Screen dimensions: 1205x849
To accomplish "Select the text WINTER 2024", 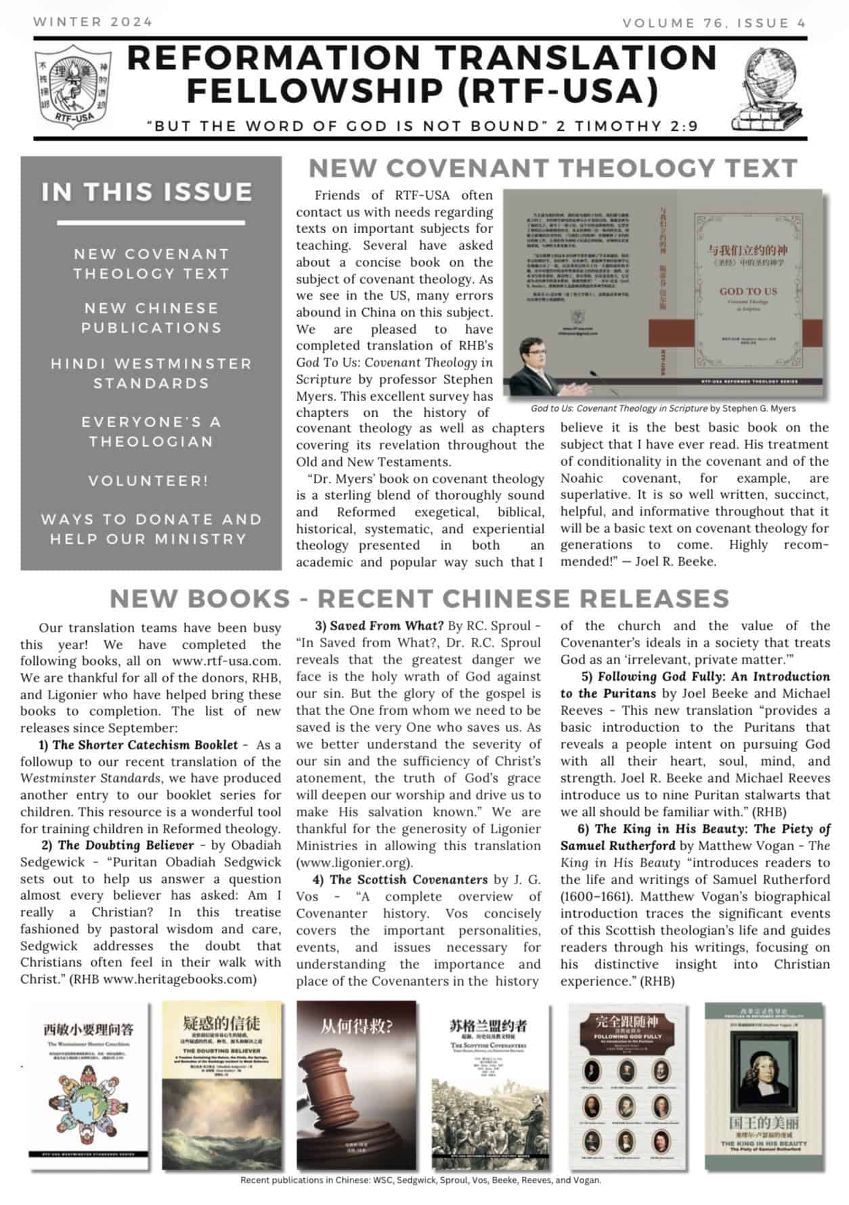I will pyautogui.click(x=93, y=22).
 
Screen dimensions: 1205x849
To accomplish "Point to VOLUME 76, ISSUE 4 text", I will pyautogui.click(x=714, y=23).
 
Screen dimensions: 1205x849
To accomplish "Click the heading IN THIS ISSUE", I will pyautogui.click(x=147, y=192).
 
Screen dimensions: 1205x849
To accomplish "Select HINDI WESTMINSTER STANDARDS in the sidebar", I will pyautogui.click(x=151, y=373).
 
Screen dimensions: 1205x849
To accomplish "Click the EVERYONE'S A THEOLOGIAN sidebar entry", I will pyautogui.click(x=151, y=431).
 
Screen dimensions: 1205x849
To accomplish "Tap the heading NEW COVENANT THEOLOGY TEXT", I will pyautogui.click(x=552, y=168).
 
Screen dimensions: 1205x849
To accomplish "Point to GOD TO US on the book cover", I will pyautogui.click(x=747, y=291).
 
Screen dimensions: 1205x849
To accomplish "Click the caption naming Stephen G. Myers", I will pyautogui.click(x=663, y=408).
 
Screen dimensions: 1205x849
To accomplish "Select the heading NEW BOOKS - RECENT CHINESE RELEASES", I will pyautogui.click(x=419, y=598).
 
